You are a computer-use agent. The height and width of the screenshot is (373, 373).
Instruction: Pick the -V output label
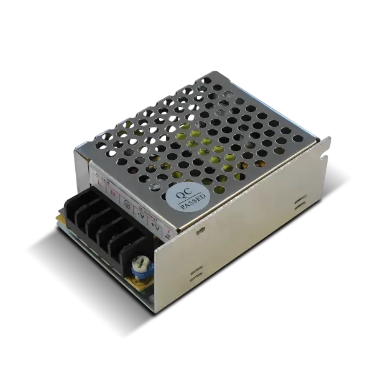click(144, 217)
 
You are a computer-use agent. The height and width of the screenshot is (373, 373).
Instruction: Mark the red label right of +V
click(169, 233)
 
